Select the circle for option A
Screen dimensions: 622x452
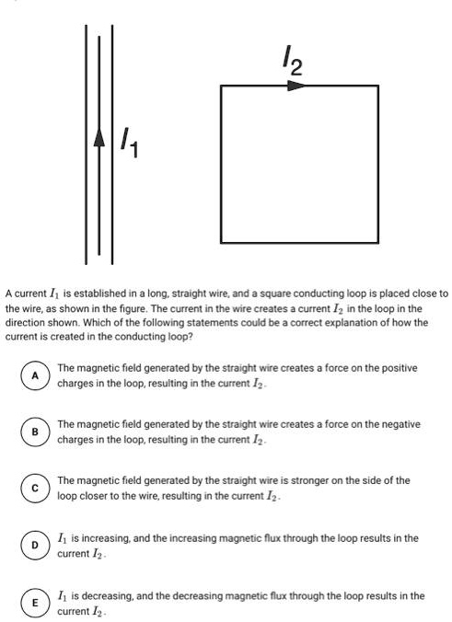point(35,374)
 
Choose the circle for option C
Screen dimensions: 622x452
point(35,488)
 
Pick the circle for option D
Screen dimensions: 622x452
point(35,545)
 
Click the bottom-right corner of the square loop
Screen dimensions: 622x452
point(377,243)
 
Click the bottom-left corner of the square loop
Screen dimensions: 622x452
point(221,243)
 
